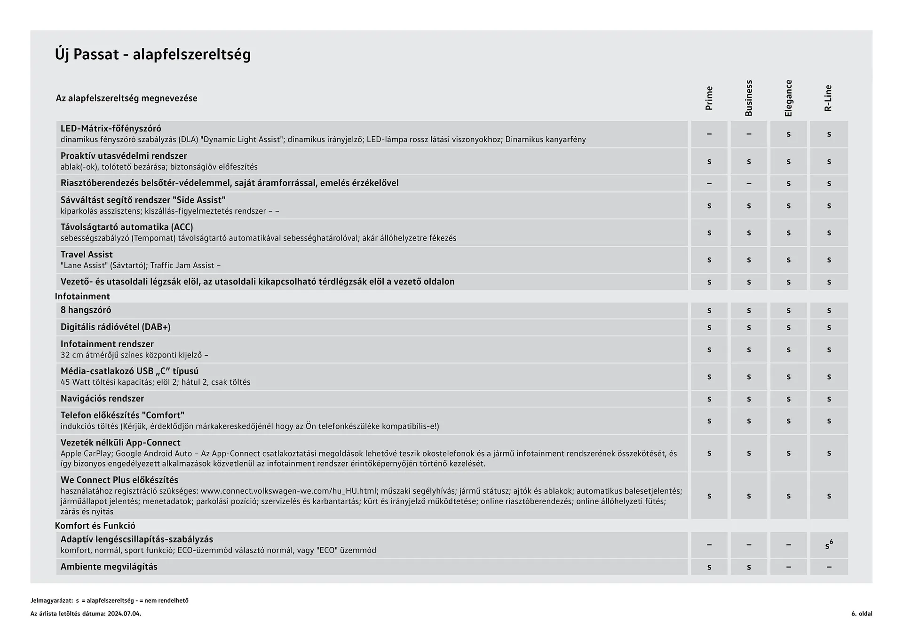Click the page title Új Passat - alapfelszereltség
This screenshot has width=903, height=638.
(x=153, y=54)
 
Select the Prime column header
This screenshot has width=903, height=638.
(x=709, y=98)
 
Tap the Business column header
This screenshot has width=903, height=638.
(x=749, y=98)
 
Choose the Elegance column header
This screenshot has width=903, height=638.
(x=789, y=98)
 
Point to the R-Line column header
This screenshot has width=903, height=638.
(x=828, y=98)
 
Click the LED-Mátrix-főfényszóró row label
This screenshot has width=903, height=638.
(x=111, y=128)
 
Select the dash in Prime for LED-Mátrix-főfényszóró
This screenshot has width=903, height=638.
(x=709, y=134)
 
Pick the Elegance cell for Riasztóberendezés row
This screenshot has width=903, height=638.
(x=789, y=184)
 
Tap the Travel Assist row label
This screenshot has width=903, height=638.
(x=87, y=254)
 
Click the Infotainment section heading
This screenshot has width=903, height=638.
(x=82, y=296)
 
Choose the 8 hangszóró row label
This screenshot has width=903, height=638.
(x=86, y=310)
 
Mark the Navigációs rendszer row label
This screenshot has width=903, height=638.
(x=102, y=398)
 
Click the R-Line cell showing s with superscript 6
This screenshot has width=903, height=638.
(x=829, y=545)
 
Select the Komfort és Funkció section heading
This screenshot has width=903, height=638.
(x=95, y=526)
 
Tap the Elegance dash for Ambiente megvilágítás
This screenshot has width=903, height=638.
(x=789, y=567)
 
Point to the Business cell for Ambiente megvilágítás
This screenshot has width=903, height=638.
(x=749, y=567)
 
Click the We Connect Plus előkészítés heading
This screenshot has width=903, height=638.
(x=119, y=480)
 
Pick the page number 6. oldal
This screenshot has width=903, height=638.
(x=861, y=614)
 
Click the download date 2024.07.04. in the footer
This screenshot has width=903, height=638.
(x=124, y=614)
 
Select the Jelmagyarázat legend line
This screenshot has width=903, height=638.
(x=110, y=600)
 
